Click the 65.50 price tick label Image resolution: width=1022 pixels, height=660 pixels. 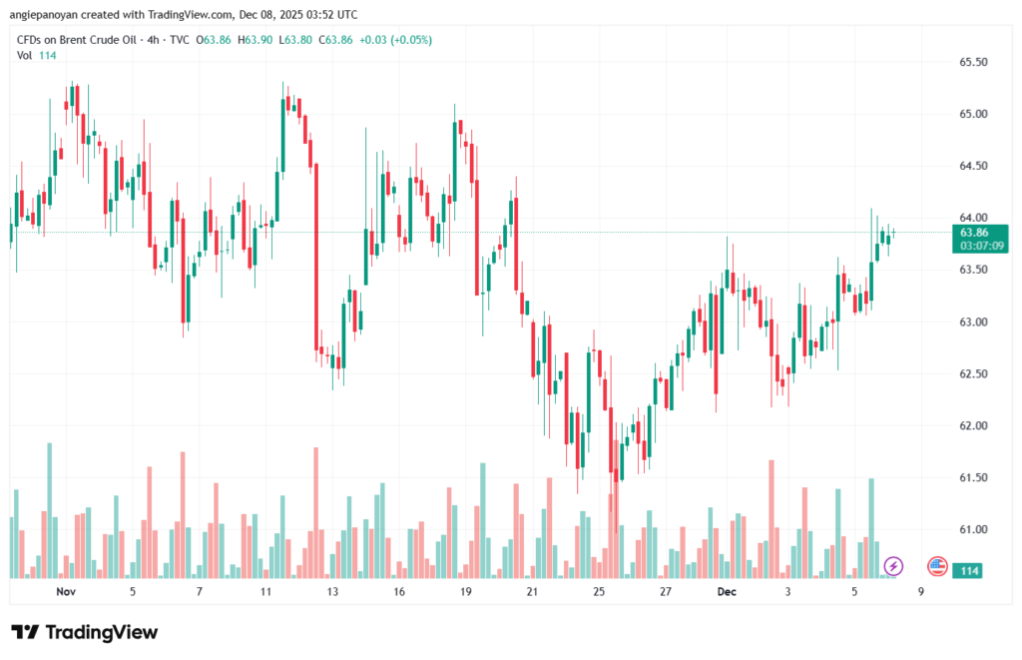973,62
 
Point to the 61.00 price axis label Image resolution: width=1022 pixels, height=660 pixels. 973,529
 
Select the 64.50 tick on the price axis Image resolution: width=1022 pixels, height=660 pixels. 973,166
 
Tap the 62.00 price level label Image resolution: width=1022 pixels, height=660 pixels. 973,425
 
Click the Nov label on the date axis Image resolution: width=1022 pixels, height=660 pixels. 66,592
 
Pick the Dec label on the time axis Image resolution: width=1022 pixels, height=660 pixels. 727,592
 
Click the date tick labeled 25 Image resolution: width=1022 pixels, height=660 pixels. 598,592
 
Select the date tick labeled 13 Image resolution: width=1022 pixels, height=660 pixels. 331,592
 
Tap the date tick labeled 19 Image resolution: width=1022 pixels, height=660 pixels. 465,592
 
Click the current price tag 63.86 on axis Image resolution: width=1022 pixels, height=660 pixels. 973,232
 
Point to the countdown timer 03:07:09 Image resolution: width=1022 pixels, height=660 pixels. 982,245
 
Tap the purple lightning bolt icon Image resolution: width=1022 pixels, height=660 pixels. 893,567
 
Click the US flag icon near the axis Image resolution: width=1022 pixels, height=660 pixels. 937,567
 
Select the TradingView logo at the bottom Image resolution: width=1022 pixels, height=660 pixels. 84,632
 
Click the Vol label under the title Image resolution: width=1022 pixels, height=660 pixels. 24,55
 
